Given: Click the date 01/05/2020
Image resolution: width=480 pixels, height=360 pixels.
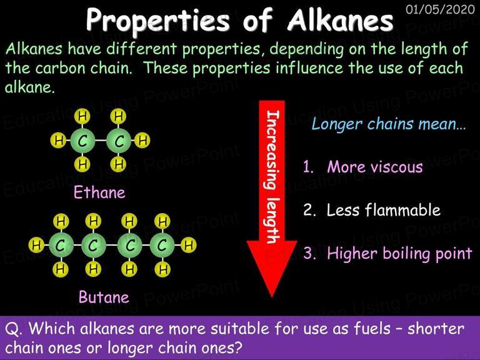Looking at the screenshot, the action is (440, 9).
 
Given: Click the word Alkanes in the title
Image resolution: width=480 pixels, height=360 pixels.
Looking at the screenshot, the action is (341, 20).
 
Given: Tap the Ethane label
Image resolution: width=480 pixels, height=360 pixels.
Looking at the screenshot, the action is (99, 193).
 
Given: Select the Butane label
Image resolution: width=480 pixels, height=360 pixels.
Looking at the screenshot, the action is (104, 297).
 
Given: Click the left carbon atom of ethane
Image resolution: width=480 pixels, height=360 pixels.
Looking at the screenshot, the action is (82, 141).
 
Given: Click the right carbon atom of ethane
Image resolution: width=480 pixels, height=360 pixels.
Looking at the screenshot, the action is (119, 141).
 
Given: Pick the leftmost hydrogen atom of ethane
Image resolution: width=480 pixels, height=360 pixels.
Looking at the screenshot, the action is (58, 141).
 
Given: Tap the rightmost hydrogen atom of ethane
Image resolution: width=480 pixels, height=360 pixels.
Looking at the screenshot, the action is (142, 141).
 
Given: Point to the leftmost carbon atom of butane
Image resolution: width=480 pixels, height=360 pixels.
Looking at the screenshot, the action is (61, 245).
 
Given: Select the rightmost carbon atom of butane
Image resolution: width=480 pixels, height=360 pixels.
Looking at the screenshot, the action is (162, 245).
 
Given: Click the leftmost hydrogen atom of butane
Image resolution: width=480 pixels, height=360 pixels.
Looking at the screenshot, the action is (36, 245).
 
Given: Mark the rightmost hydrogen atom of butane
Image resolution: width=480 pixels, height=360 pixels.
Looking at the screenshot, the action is (189, 245).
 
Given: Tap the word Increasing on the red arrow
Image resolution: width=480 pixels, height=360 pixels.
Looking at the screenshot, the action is (272, 150).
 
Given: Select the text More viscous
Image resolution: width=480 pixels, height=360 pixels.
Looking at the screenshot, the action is (375, 167).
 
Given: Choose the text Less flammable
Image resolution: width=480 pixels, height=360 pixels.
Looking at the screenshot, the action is (384, 210).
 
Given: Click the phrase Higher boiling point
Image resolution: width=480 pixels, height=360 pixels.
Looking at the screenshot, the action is (399, 254).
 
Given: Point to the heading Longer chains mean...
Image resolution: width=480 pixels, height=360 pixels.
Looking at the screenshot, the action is (389, 124).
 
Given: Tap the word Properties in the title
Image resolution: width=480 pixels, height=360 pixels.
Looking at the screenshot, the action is (157, 21).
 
